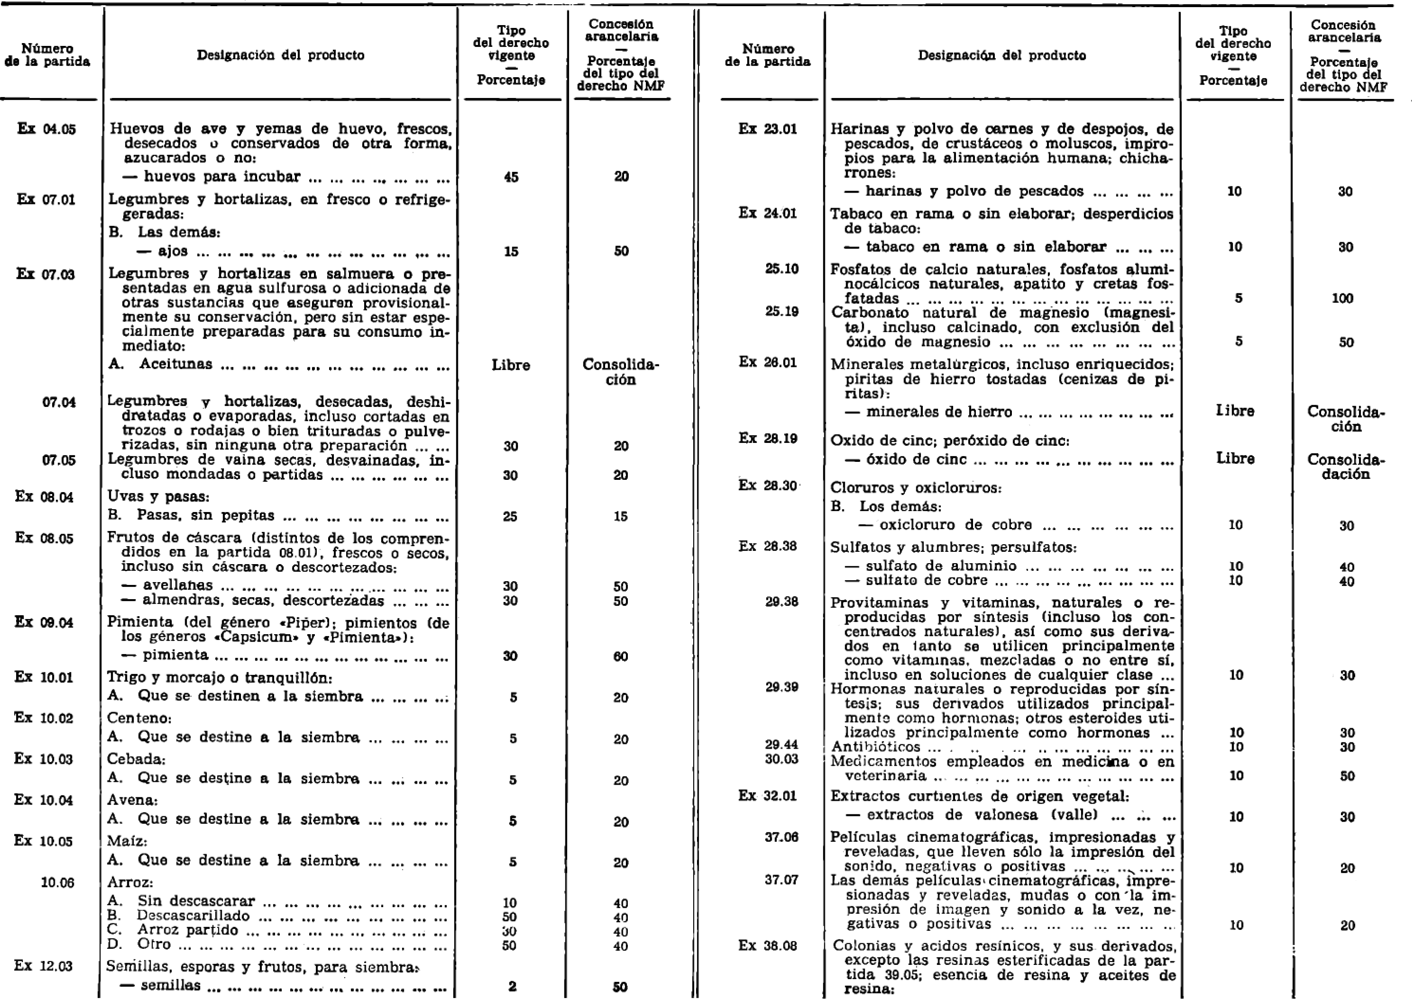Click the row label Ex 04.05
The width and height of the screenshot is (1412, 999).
(x=47, y=129)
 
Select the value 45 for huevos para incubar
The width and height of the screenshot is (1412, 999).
(x=511, y=177)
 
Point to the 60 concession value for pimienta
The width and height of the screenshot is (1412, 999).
(x=620, y=656)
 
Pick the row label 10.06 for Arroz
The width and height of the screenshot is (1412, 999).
(x=57, y=883)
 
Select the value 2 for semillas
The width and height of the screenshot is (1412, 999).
(x=512, y=987)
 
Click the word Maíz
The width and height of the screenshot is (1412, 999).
(x=127, y=840)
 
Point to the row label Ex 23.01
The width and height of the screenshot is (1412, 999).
(x=768, y=129)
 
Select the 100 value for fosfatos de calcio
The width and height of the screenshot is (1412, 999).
(x=1342, y=298)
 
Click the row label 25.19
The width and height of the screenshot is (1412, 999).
(x=782, y=311)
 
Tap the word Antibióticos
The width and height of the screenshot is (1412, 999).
(x=875, y=747)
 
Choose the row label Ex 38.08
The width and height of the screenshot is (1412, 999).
(x=768, y=946)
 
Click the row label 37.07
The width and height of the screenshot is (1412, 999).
(x=782, y=880)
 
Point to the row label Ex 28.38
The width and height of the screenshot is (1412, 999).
(x=768, y=546)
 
